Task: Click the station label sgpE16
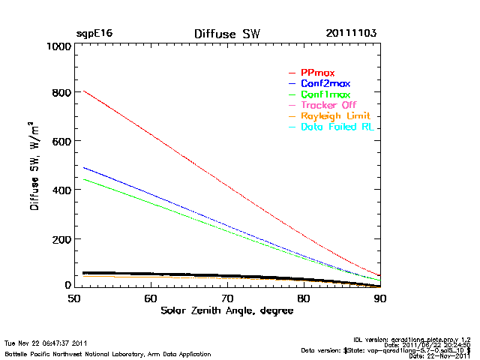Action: [94, 34]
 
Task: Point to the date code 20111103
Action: [351, 34]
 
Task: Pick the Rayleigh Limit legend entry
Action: [334, 117]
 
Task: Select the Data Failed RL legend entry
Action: [337, 128]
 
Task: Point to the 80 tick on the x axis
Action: [304, 297]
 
